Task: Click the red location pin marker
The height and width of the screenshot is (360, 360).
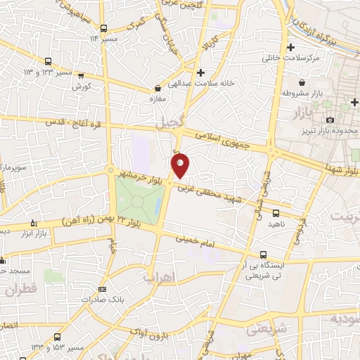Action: tap(181, 166)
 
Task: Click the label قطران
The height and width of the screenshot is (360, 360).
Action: tap(20, 288)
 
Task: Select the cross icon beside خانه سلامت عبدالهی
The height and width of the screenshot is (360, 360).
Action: tap(202, 72)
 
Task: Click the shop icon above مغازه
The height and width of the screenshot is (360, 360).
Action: tap(157, 89)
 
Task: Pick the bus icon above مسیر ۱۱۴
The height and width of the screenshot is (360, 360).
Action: tap(103, 28)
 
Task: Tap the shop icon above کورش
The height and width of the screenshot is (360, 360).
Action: tap(82, 75)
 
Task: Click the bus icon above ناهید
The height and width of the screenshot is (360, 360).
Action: tap(275, 212)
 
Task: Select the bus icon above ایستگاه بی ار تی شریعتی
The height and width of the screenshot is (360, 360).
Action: tap(263, 255)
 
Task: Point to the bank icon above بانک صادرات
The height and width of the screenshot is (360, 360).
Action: tap(103, 289)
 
